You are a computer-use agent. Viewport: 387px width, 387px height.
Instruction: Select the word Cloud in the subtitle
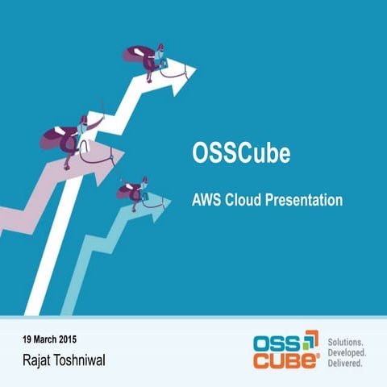pos(249,199)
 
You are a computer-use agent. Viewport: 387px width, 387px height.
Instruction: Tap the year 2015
pos(84,336)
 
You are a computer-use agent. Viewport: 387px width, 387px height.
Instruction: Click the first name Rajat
pos(41,357)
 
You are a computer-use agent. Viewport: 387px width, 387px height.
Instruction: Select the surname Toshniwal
pos(85,357)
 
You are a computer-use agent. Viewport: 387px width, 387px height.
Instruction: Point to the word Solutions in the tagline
pos(347,341)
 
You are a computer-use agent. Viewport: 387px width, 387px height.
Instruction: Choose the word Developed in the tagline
pos(348,352)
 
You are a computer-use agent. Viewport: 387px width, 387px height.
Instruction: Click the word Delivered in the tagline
pos(347,364)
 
